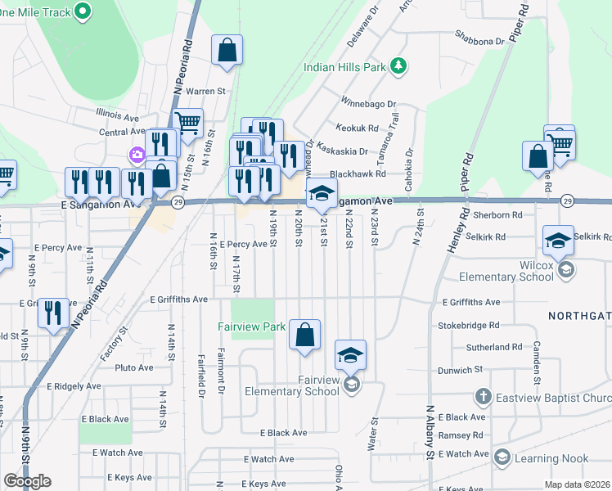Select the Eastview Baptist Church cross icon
(484, 398)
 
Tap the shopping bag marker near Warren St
(227, 50)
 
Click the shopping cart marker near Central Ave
(188, 124)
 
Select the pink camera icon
(137, 155)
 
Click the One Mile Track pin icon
(83, 11)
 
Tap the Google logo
(27, 480)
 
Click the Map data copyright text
(578, 484)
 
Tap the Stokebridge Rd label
(470, 325)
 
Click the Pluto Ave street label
(134, 367)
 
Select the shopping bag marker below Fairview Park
(304, 335)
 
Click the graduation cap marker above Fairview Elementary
(350, 355)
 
